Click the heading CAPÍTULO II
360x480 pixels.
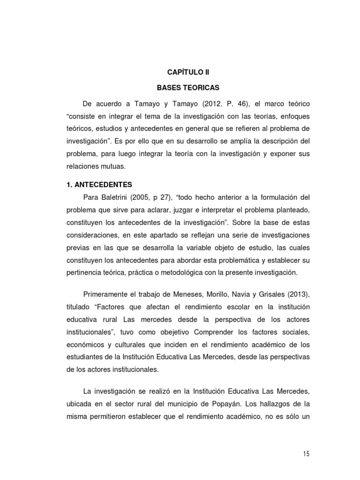[188, 72]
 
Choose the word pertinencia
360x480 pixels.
[84, 272]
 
